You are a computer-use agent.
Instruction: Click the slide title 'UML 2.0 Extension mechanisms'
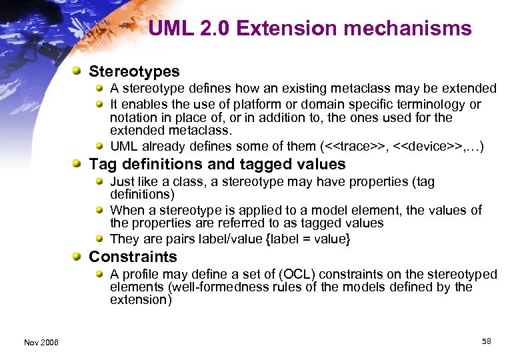pos(310,29)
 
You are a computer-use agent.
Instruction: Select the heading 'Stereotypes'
pos(134,71)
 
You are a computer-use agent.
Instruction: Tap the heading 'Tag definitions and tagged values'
pos(217,164)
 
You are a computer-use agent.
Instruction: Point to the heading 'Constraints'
pos(133,257)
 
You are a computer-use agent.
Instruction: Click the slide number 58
pos(486,341)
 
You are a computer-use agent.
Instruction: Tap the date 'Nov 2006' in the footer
pos(41,342)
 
